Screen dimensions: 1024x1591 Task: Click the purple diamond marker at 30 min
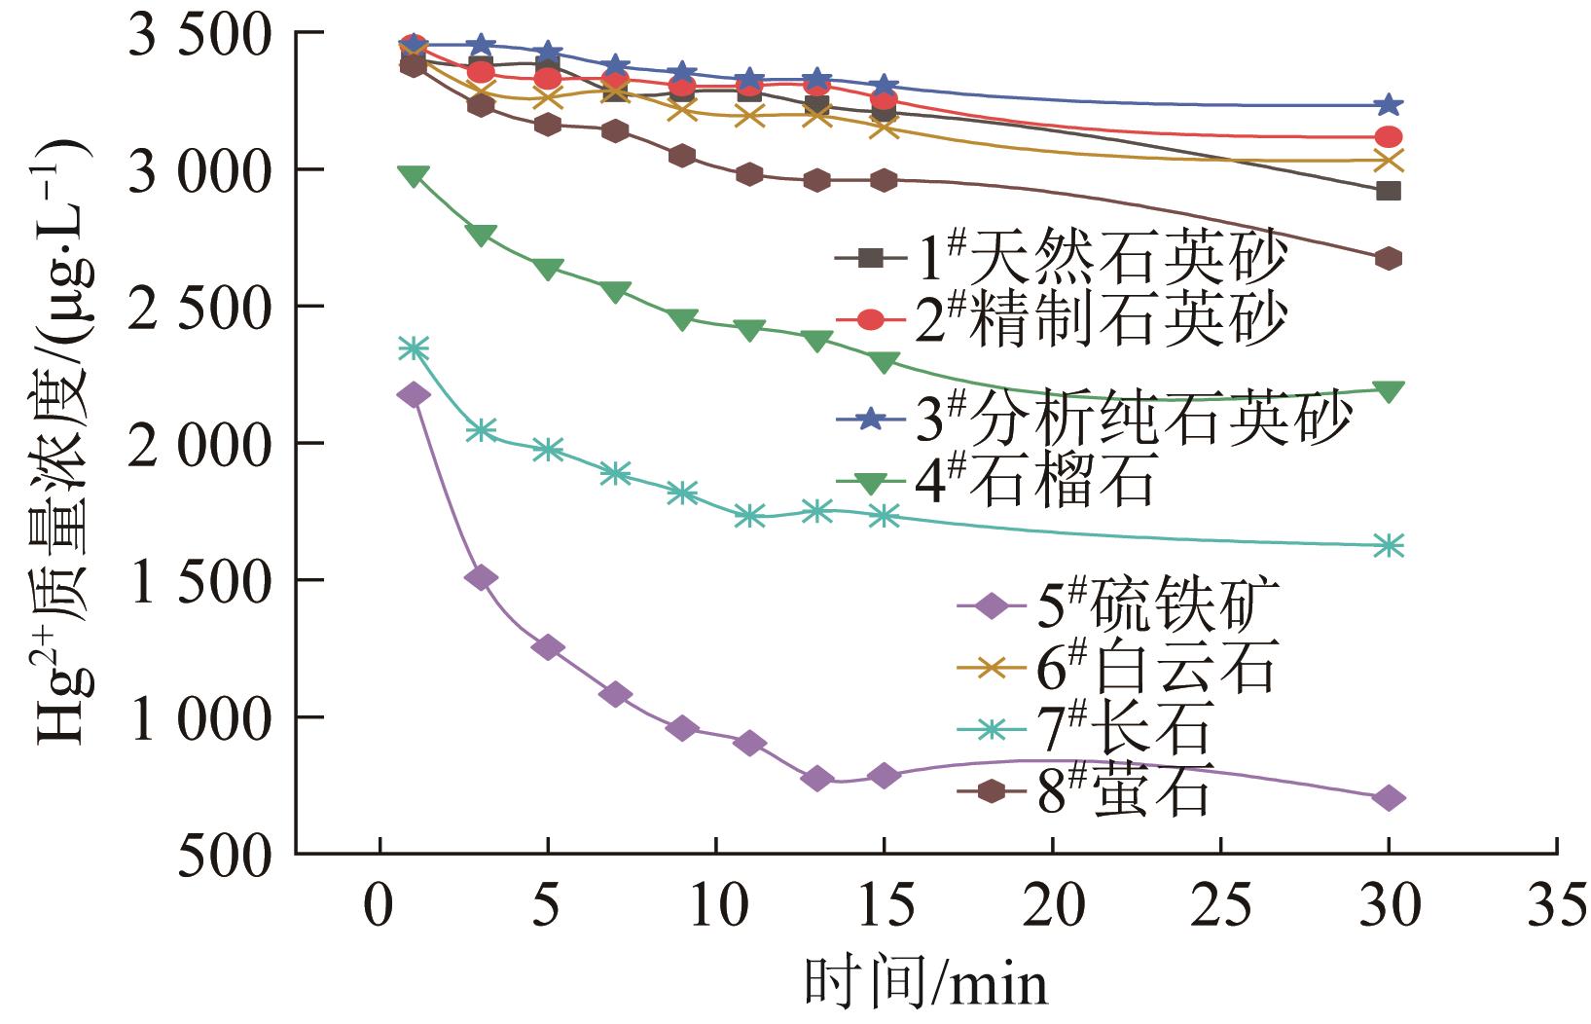[x=1389, y=798]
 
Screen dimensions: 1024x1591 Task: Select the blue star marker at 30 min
[x=1389, y=104]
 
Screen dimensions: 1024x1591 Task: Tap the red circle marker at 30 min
[x=1389, y=137]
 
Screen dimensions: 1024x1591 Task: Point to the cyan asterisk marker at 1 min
[x=414, y=347]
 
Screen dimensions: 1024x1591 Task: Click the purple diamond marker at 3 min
[x=481, y=578]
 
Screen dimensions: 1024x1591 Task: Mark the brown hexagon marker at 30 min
[x=1389, y=259]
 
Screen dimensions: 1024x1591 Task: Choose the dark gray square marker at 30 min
[x=1389, y=191]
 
